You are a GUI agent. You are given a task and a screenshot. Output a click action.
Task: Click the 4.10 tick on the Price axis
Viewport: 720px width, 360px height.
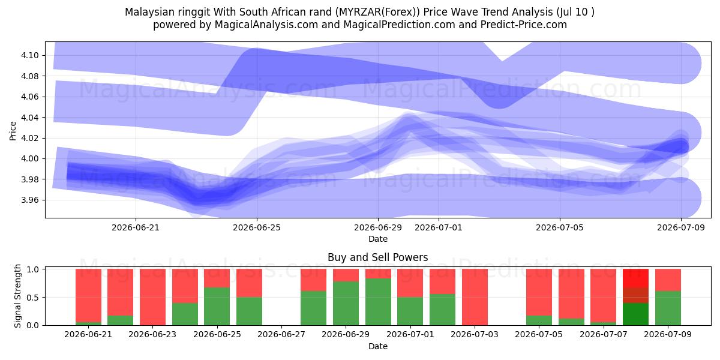click(x=29, y=55)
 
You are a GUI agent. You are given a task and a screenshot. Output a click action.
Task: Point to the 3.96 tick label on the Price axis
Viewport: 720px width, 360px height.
click(x=29, y=200)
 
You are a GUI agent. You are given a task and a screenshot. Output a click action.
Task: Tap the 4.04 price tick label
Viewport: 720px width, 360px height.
click(x=29, y=118)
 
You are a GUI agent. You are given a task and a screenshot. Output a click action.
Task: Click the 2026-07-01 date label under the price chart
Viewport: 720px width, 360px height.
click(x=439, y=227)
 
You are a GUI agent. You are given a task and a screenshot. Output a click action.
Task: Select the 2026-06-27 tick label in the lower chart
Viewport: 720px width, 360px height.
click(x=281, y=334)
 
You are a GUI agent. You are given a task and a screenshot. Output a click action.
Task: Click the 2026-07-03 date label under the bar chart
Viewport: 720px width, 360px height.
click(x=475, y=334)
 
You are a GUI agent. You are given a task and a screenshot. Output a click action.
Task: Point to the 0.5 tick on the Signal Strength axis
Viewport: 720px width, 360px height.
click(x=33, y=298)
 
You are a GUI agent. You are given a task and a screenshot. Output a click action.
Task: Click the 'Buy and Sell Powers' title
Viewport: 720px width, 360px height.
click(x=377, y=257)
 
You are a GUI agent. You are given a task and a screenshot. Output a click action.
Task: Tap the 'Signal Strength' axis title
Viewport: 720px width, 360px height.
click(x=17, y=296)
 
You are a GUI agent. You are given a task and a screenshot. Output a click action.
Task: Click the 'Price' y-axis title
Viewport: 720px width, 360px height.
click(x=13, y=131)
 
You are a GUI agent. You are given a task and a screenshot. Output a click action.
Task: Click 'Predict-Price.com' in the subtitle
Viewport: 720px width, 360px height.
click(x=524, y=25)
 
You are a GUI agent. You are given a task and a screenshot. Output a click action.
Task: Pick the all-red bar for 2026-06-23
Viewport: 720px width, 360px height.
click(x=152, y=297)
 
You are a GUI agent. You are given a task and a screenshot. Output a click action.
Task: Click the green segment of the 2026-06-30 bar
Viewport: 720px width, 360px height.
click(x=378, y=302)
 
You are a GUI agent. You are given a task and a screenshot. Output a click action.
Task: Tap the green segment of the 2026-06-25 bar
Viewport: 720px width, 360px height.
click(x=217, y=307)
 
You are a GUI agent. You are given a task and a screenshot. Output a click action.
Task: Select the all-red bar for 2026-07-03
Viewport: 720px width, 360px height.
click(x=475, y=297)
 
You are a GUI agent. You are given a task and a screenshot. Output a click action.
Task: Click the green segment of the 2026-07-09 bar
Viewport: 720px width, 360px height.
click(x=668, y=308)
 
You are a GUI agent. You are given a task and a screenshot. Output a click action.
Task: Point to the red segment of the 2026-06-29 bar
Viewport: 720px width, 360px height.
click(x=346, y=275)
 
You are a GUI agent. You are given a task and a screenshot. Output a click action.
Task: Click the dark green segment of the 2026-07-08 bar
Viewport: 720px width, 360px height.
click(x=635, y=314)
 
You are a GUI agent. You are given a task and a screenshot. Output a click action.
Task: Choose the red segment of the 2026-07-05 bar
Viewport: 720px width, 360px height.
click(x=539, y=292)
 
